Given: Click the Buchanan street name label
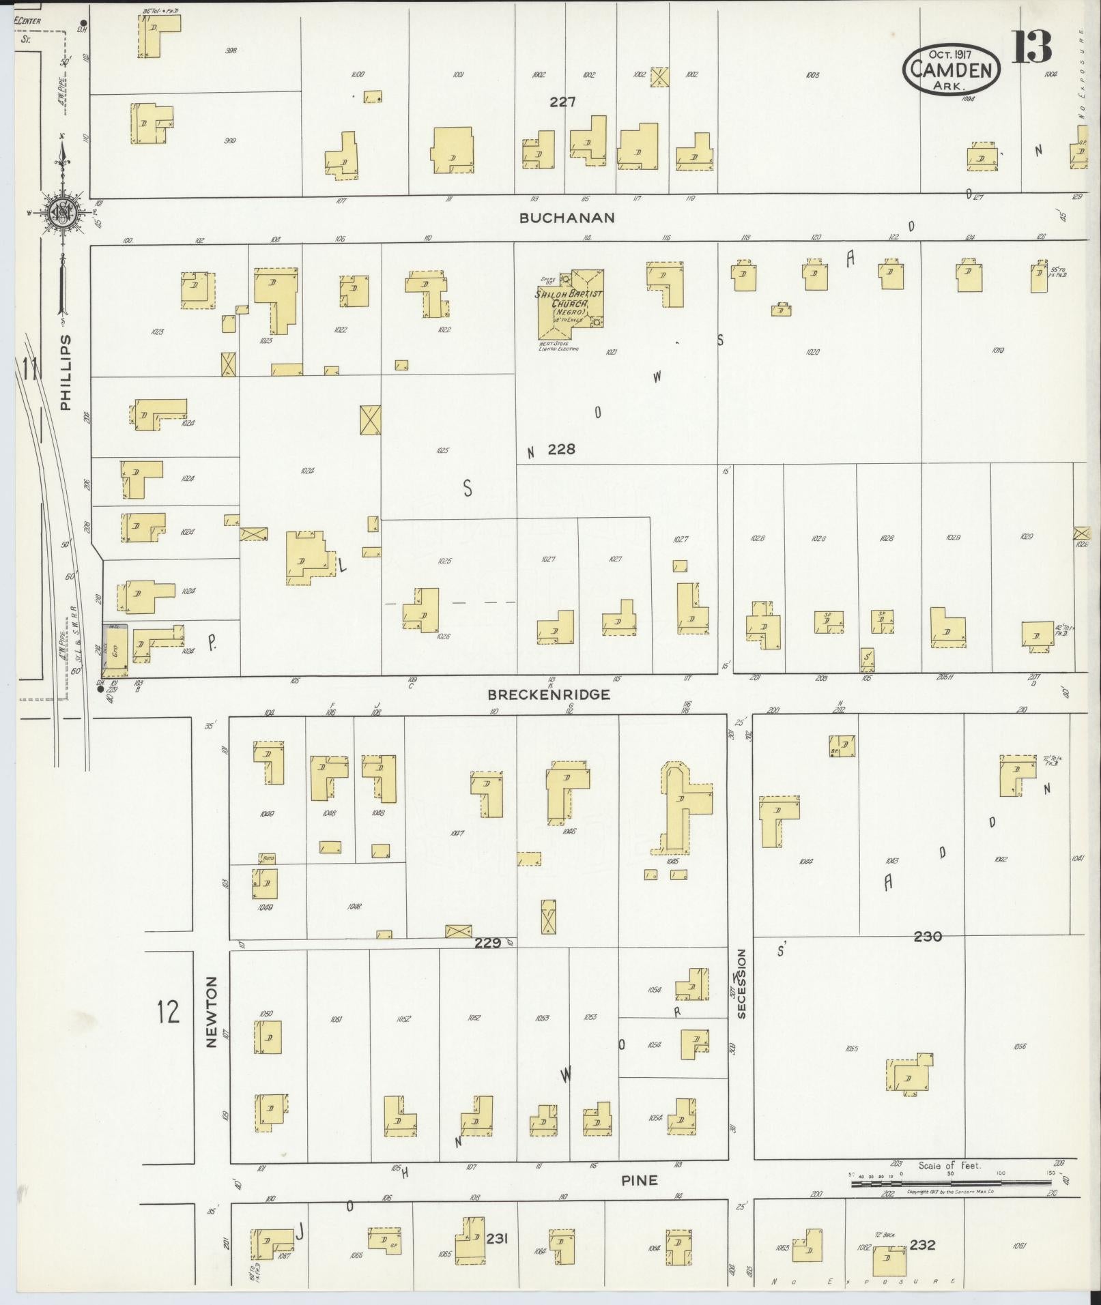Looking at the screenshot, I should coord(567,218).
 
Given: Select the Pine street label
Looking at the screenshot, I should coord(640,1180).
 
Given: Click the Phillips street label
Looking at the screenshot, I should coord(66,372).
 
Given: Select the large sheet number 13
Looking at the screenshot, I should coord(1031,46).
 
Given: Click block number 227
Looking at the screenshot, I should coord(562,102).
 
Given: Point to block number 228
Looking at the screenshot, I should coord(561,449).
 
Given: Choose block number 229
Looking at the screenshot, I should coord(489,943).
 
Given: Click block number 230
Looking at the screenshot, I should coord(928,937).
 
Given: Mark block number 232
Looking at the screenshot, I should coord(922,1245).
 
